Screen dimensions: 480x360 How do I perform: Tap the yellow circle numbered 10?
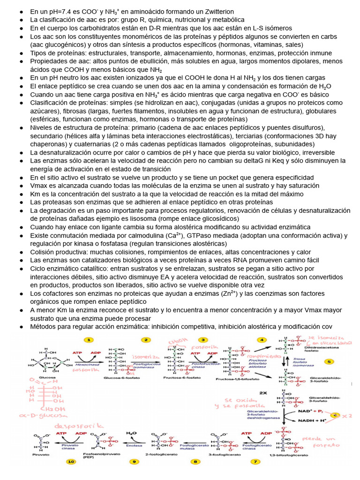point(71,462)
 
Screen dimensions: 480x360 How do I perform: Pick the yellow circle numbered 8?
point(195,462)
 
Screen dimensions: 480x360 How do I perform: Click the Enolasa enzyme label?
point(136,446)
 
